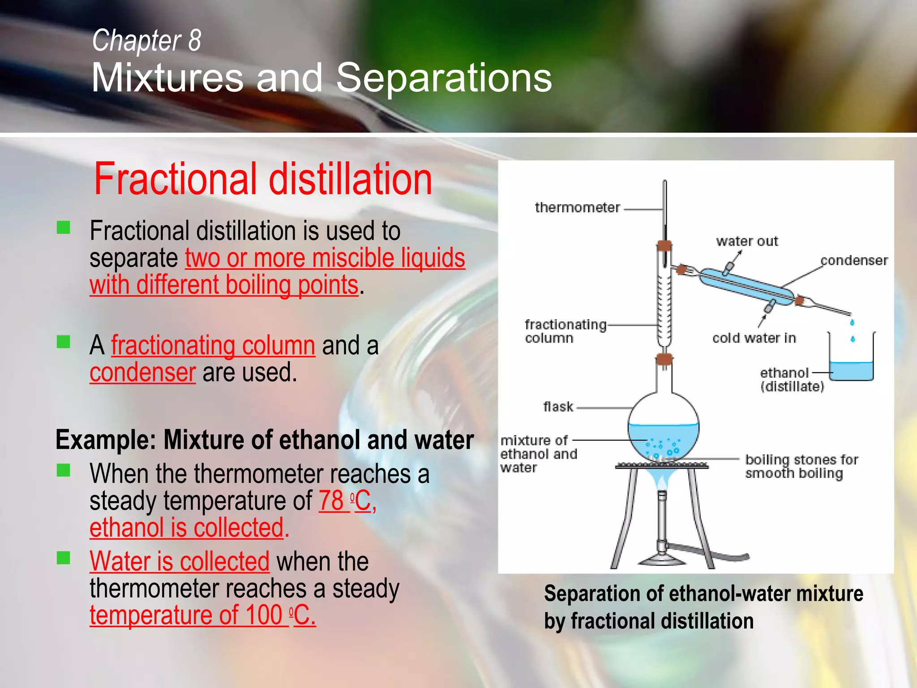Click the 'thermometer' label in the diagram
[577, 207]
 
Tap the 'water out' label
[747, 241]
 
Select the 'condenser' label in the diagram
[854, 260]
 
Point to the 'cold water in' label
[754, 338]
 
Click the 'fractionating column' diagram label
[565, 331]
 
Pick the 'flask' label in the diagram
[558, 407]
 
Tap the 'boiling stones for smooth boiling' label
[801, 466]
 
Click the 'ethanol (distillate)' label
[792, 379]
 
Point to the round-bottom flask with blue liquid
[663, 430]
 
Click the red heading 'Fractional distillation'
[263, 179]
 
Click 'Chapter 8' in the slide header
[146, 40]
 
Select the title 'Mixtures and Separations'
[321, 77]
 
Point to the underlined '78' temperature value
[331, 500]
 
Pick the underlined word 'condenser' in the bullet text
[142, 373]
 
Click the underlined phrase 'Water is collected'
[180, 561]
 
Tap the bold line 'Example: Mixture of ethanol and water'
[265, 440]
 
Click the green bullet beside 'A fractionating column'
[64, 342]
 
